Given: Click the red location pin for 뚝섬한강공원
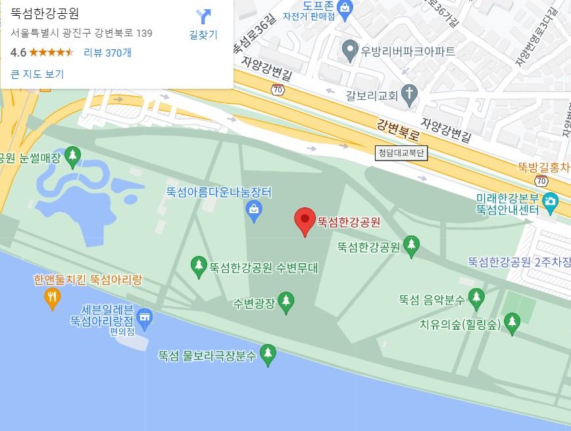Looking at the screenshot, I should (x=304, y=219).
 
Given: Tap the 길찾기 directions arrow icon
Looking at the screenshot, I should (x=204, y=16).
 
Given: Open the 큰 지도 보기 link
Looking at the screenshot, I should (x=37, y=74).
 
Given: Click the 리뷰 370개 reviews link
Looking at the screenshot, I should (x=107, y=53).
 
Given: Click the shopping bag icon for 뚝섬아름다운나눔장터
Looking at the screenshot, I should (x=253, y=210).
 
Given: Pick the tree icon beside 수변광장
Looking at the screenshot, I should (x=285, y=303).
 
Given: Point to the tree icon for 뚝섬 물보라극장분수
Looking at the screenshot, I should (x=268, y=355).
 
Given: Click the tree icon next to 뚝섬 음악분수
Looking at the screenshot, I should (x=476, y=299).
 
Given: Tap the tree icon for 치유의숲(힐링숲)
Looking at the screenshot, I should (x=511, y=322).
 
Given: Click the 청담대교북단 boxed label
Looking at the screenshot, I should (x=401, y=153).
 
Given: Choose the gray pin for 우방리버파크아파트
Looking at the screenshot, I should (x=351, y=48).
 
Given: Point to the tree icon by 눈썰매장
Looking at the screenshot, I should (x=73, y=157).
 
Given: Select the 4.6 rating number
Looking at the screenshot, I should (x=18, y=53).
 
